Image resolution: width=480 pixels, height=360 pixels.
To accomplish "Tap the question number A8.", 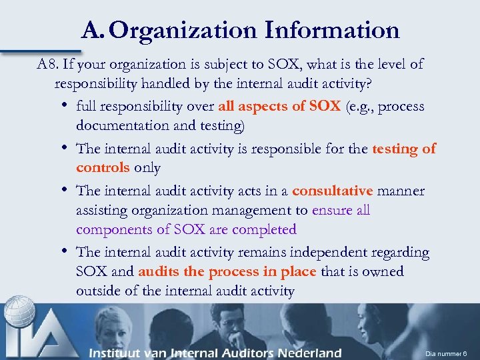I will [47, 65].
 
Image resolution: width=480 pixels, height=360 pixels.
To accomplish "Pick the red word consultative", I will [332, 191].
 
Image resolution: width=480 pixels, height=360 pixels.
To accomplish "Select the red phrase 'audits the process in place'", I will [227, 272].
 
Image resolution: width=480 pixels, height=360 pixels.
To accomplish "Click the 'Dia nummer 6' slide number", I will [447, 353].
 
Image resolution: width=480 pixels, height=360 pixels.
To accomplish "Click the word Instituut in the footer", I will [119, 353].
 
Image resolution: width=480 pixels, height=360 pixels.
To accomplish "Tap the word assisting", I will [103, 211].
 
